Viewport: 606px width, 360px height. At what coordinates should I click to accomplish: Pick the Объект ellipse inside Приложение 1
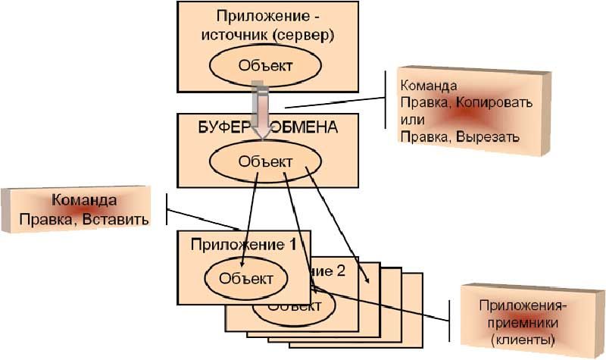pos(245,277)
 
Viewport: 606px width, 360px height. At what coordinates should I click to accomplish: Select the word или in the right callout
pos(411,120)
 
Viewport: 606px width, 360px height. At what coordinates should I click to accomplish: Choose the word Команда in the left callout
pos(84,201)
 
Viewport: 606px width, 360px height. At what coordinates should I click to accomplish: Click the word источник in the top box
pos(233,35)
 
